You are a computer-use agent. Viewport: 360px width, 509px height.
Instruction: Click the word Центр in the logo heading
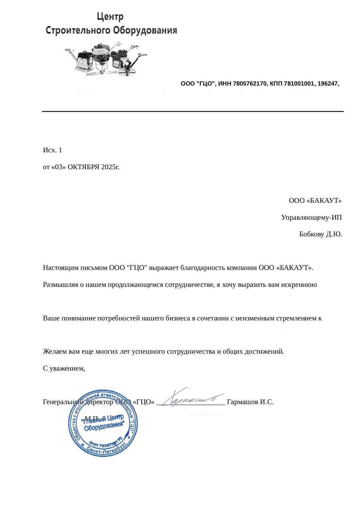110,16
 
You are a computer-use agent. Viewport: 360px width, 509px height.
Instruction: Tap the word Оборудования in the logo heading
145,31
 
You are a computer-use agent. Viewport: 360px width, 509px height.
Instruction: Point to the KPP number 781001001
298,84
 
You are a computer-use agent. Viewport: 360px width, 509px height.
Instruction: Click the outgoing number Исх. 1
53,150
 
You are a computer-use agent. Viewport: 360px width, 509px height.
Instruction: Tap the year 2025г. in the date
110,167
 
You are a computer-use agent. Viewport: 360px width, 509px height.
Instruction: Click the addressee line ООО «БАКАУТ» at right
315,201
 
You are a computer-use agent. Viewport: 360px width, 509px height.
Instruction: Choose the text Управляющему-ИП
311,218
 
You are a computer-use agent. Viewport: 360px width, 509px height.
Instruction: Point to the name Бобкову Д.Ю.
320,234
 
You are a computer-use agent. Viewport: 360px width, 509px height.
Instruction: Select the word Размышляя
60,285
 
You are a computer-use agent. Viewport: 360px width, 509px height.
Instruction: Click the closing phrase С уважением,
64,368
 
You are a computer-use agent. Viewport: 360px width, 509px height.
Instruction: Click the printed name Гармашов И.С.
250,402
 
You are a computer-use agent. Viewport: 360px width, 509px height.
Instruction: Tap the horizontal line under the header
193,112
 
